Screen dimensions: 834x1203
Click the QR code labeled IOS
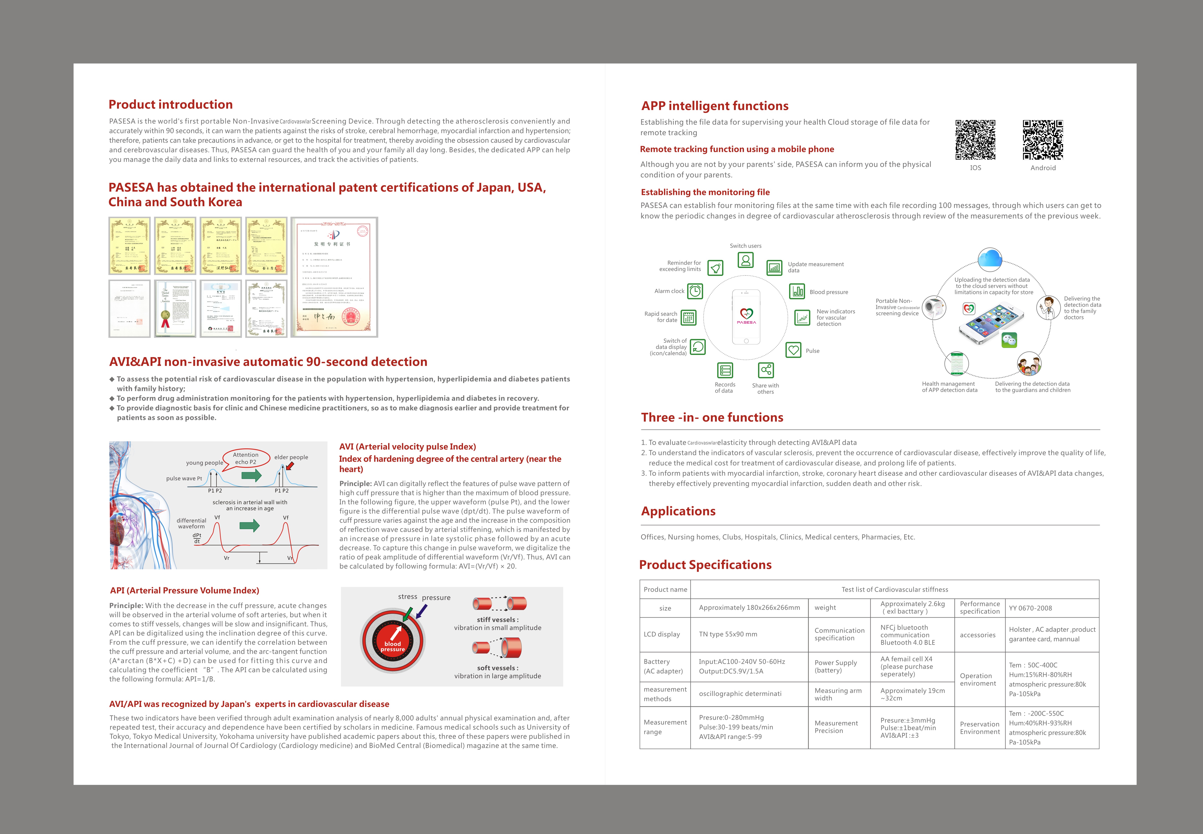point(975,140)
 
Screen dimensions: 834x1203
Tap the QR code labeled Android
point(1043,140)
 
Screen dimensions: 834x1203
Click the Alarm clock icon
point(695,291)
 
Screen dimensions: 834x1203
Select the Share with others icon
point(766,370)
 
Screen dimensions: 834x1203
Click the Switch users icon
point(745,260)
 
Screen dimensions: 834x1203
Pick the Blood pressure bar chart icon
point(797,291)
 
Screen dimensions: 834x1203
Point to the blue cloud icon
point(990,259)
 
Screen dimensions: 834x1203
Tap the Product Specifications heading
point(705,565)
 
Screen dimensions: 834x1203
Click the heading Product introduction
point(170,105)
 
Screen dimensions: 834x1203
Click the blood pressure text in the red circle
point(393,646)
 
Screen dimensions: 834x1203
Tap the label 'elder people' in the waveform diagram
point(291,457)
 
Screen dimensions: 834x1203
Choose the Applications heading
point(678,511)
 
